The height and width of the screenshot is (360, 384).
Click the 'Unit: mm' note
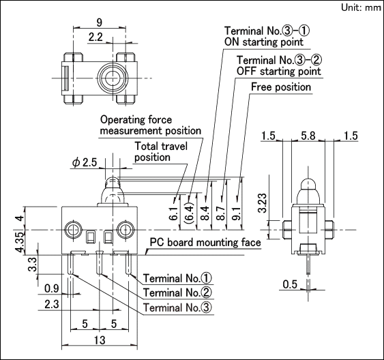click(x=361, y=7)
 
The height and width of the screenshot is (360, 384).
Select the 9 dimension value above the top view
click(x=99, y=22)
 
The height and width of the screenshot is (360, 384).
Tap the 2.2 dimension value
click(x=95, y=37)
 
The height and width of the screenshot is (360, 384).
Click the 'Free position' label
click(x=281, y=87)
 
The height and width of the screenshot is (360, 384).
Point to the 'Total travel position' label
click(x=161, y=152)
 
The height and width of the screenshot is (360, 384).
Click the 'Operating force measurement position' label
click(x=150, y=125)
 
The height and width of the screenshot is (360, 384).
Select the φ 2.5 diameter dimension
click(x=85, y=162)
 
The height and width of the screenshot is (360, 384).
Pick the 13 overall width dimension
click(x=100, y=340)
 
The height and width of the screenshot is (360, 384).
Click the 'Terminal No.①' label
click(x=177, y=278)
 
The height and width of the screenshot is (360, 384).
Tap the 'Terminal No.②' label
click(x=177, y=292)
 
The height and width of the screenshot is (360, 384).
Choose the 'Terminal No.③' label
click(x=177, y=307)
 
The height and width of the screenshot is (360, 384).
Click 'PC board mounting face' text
click(x=205, y=243)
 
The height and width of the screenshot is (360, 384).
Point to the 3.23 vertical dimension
click(x=263, y=203)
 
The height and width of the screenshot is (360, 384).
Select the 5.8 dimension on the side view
click(x=308, y=136)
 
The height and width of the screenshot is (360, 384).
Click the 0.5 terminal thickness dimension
click(x=290, y=284)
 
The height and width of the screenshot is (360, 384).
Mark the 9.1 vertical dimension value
click(x=237, y=213)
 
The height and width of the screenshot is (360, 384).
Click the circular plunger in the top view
click(x=113, y=78)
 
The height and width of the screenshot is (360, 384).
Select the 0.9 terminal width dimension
click(x=52, y=289)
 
